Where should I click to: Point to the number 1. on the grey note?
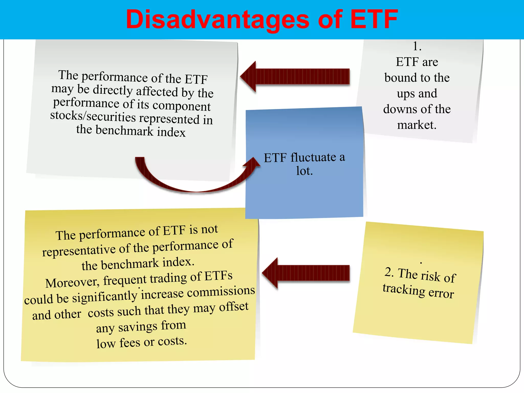[x=417, y=46]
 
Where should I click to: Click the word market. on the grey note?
[x=417, y=125]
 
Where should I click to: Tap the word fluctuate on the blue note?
[x=313, y=157]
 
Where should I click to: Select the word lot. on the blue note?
[x=304, y=171]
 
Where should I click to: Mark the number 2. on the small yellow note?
[x=389, y=272]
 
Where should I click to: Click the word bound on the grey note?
[x=401, y=78]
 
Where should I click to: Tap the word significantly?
[x=105, y=297]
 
